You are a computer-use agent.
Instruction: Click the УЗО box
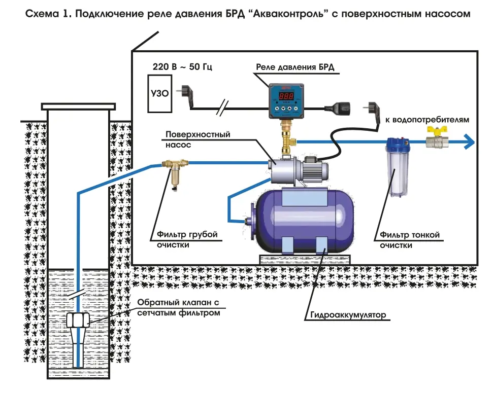(160, 93)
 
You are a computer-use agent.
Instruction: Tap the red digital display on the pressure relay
(286, 96)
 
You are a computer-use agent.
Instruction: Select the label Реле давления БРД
(295, 67)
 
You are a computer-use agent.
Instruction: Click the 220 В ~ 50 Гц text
(182, 66)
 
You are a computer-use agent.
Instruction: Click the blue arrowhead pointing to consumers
(469, 141)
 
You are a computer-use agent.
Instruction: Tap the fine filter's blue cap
(398, 144)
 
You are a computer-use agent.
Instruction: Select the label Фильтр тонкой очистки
(409, 240)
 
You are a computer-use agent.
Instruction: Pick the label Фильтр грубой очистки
(187, 239)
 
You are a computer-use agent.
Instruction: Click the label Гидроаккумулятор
(348, 314)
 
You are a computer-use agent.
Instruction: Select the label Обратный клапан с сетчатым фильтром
(178, 308)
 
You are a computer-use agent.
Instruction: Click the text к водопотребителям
(427, 120)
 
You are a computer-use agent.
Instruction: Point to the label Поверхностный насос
(198, 139)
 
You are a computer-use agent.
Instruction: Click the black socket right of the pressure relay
(338, 109)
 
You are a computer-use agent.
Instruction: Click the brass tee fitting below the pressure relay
(287, 136)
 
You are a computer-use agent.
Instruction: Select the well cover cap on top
(78, 107)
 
